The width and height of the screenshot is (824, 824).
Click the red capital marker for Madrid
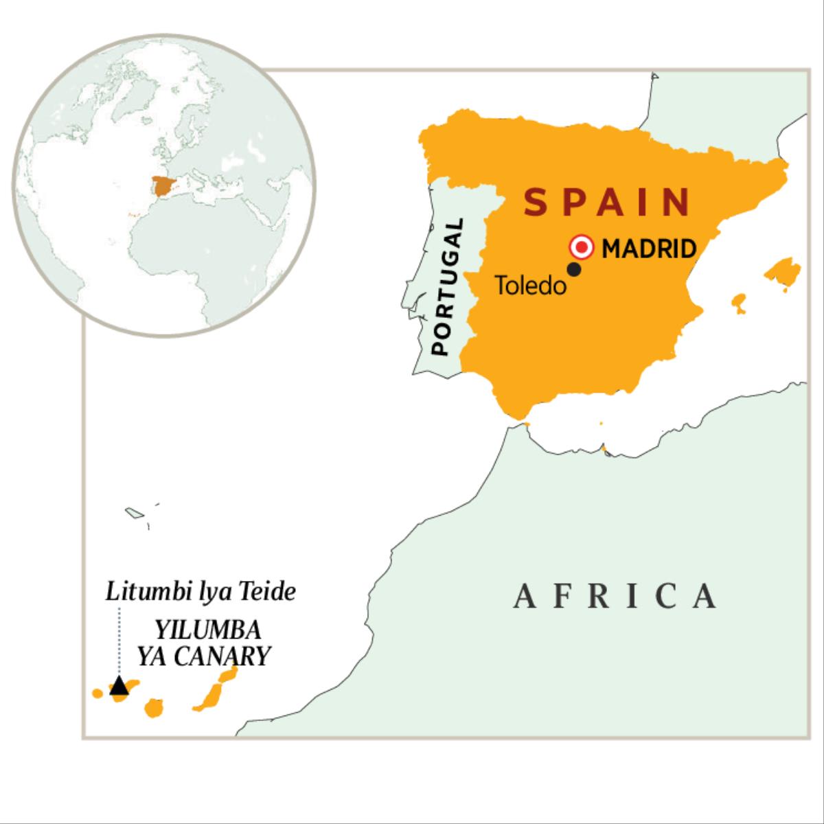pos(582,247)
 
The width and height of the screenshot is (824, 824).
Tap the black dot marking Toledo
pos(574,270)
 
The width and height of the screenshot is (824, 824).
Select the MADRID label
pos(649,248)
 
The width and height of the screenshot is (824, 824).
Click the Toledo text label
pos(531,286)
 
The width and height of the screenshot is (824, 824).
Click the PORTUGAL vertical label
pos(449,287)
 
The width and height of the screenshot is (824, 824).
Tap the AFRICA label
pos(616,596)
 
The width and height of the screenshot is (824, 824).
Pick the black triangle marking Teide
pos(119,685)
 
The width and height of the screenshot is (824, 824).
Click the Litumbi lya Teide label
pos(201,592)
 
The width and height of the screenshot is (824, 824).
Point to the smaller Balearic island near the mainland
pos(738,303)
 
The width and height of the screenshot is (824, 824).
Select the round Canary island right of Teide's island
pos(153,707)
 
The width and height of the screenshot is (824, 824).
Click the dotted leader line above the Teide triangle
pos(119,642)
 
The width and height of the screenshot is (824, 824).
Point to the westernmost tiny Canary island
pos(98,693)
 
